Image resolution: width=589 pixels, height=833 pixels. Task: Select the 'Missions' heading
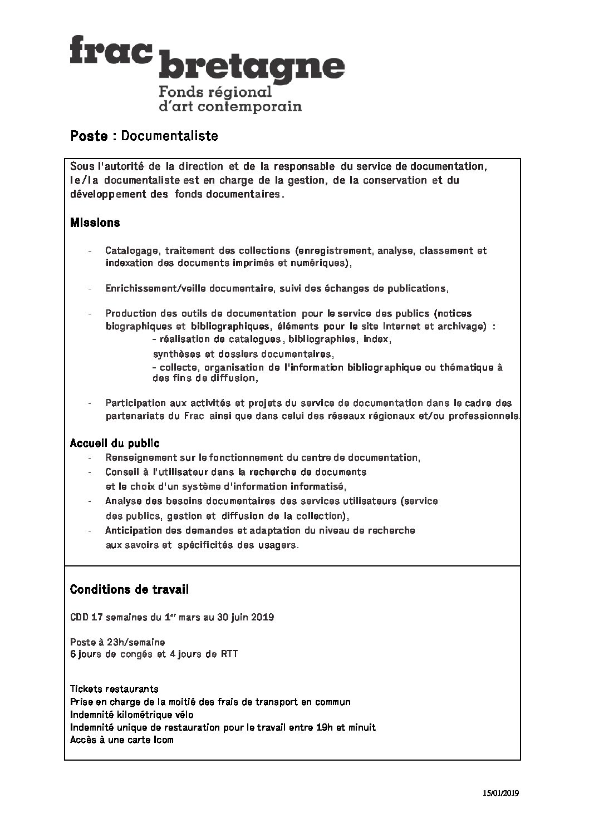pyautogui.click(x=95, y=223)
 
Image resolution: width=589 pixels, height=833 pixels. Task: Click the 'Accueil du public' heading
pyautogui.click(x=115, y=443)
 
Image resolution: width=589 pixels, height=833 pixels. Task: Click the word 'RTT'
pyautogui.click(x=229, y=654)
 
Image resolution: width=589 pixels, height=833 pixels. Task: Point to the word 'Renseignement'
pyautogui.click(x=140, y=458)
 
